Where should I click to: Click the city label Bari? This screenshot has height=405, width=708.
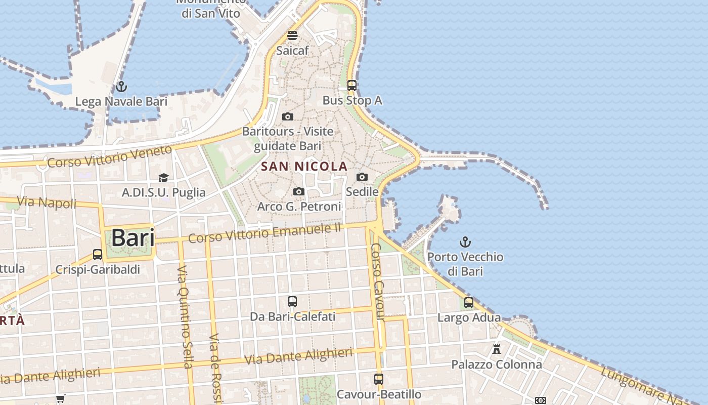[132, 238]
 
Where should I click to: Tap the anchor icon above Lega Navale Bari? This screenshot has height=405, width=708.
[121, 87]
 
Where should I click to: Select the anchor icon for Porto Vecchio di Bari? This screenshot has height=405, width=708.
[465, 242]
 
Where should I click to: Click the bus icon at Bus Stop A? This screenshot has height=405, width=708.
[352, 86]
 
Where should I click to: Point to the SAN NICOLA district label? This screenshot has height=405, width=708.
[304, 166]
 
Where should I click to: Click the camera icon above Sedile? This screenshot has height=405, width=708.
[362, 177]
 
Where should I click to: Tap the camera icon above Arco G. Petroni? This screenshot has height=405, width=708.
[299, 191]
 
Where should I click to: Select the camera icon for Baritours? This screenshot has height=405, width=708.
[288, 117]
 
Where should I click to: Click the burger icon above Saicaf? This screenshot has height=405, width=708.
[292, 35]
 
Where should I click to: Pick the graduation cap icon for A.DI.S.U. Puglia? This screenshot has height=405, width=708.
[163, 178]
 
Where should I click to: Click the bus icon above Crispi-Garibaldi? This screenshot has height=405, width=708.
[98, 254]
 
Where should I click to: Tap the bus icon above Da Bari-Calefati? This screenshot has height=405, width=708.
[292, 302]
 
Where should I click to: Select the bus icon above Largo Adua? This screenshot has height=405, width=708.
[469, 303]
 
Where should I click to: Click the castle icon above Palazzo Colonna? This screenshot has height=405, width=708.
[497, 349]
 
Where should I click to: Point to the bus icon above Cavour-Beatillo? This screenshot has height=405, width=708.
[379, 379]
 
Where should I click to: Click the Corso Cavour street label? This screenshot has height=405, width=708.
[378, 282]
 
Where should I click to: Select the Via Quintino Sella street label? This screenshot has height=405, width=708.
[185, 316]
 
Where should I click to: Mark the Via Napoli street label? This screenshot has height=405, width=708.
[47, 202]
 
